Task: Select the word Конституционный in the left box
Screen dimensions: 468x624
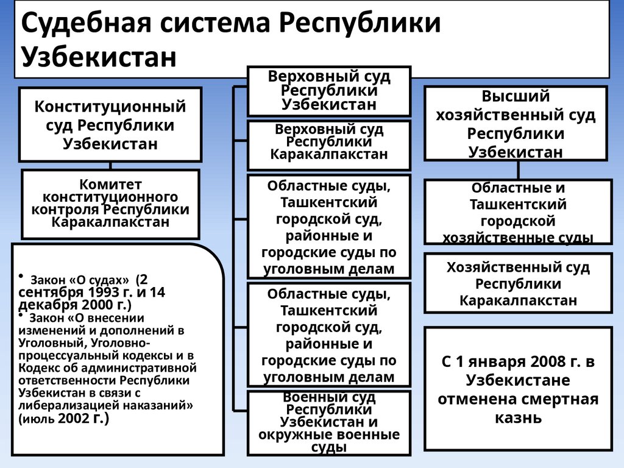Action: click(x=110, y=107)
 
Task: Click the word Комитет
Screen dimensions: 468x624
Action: click(x=110, y=184)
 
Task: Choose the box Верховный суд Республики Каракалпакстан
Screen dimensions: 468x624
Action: click(x=329, y=145)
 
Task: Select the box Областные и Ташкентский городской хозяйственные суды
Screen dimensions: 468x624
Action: click(x=518, y=212)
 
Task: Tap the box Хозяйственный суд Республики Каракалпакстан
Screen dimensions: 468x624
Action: click(x=518, y=283)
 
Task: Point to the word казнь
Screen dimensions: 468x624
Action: click(x=518, y=418)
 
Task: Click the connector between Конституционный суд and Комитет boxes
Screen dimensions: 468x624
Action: click(x=110, y=165)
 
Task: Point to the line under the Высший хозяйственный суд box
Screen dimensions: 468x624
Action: click(x=518, y=171)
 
